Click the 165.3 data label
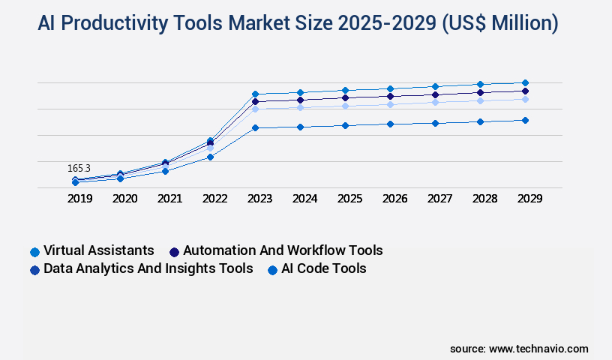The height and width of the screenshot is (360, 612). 79,169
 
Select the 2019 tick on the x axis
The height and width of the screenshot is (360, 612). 79,199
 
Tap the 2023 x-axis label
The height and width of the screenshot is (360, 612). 259,199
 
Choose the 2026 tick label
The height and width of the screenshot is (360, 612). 394,199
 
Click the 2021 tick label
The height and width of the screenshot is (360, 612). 169,199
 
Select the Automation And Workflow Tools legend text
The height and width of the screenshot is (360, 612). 283,250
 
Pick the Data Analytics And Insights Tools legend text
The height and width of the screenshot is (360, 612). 148,268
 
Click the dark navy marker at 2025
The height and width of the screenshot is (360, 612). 345,97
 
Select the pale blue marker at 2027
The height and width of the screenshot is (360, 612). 435,102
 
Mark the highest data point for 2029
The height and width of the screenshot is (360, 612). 525,82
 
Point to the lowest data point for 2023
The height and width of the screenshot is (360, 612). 255,127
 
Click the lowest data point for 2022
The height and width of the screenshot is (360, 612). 210,157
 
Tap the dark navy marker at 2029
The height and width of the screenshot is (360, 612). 525,91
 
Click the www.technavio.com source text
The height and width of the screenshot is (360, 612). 538,349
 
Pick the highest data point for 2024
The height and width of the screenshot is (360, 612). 300,92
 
